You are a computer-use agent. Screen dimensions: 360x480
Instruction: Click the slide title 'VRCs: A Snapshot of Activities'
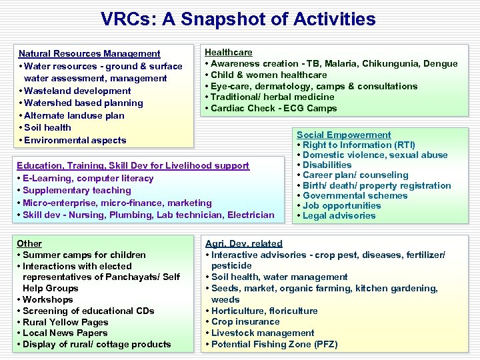coord(238,19)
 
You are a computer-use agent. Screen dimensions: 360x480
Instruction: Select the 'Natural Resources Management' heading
coord(89,53)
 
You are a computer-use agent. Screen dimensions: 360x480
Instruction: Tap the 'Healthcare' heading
coord(228,52)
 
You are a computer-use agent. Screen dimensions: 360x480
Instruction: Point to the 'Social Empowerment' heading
coord(344,135)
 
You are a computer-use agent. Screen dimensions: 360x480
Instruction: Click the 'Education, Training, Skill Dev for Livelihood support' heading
coord(133,165)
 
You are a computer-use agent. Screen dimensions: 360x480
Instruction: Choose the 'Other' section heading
coord(29,243)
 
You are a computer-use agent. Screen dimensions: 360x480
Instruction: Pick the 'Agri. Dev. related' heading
coord(244,243)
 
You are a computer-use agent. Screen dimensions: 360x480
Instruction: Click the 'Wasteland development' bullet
coord(77,91)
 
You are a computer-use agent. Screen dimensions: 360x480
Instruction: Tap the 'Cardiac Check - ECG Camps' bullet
coord(273,108)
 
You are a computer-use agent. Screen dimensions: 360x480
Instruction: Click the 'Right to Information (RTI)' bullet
coord(358,145)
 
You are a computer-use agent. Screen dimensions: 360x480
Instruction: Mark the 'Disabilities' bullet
coord(327,165)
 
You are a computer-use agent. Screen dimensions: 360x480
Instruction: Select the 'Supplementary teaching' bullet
coord(75,190)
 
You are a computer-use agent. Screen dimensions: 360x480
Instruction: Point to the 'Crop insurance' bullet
coord(245,321)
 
